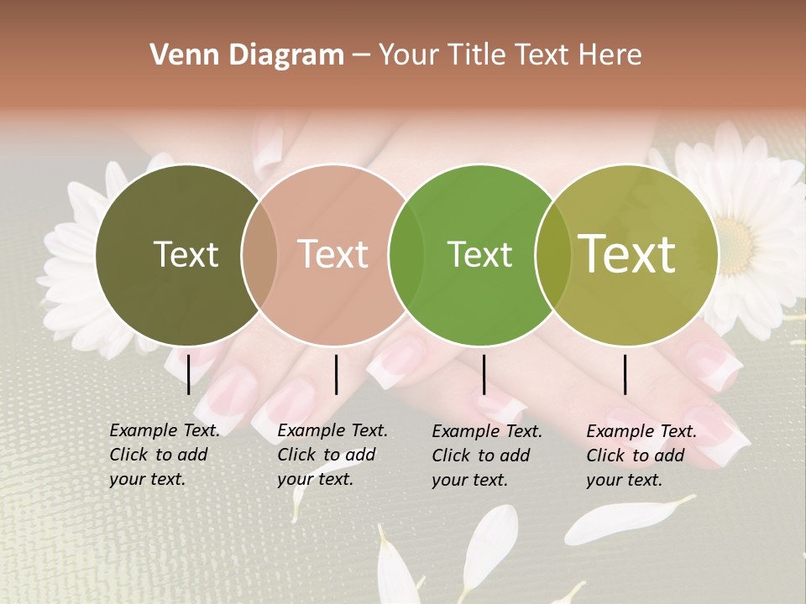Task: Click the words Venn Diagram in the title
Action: [247, 55]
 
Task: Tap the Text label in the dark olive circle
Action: [186, 254]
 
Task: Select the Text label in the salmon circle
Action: [333, 254]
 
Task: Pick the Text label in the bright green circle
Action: [479, 254]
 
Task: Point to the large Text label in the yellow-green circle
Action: [627, 253]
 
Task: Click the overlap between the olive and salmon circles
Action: [259, 255]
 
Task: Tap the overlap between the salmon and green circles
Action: [406, 255]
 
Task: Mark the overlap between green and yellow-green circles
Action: [552, 255]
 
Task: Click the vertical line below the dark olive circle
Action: [189, 374]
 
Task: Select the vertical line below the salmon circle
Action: [336, 374]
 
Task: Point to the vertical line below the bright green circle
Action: [484, 374]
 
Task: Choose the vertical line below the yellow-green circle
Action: [625, 374]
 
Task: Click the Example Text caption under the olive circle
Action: [165, 455]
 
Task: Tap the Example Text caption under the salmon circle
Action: [332, 455]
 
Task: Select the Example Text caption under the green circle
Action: [487, 456]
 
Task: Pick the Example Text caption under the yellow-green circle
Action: [641, 456]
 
